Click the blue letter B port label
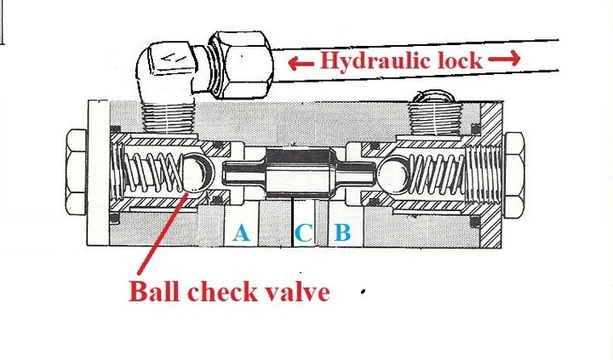tap(342, 232)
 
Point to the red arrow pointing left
tap(301, 62)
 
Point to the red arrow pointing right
tap(504, 59)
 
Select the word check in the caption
tap(222, 292)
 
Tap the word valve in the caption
tap(297, 292)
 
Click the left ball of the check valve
tap(197, 173)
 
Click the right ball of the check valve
tap(393, 174)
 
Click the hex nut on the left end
tap(77, 173)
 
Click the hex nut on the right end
tap(514, 174)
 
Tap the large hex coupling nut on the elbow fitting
tap(239, 65)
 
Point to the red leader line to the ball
tap(161, 231)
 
